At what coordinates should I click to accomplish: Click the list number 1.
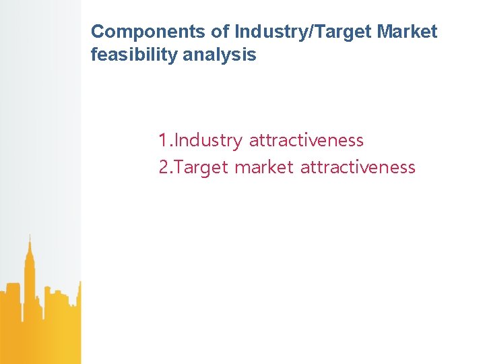(164, 141)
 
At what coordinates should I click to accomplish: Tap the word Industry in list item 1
(209, 141)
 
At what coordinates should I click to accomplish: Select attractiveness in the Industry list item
(306, 141)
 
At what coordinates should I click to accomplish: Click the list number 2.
(164, 167)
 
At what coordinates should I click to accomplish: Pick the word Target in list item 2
(202, 167)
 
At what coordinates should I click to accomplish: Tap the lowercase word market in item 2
(263, 167)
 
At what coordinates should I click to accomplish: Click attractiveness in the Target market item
(358, 167)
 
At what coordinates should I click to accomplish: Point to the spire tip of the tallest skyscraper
(29, 235)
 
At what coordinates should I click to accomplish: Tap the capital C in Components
(97, 32)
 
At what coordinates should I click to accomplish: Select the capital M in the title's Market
(384, 32)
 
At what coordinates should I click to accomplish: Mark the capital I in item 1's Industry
(177, 141)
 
